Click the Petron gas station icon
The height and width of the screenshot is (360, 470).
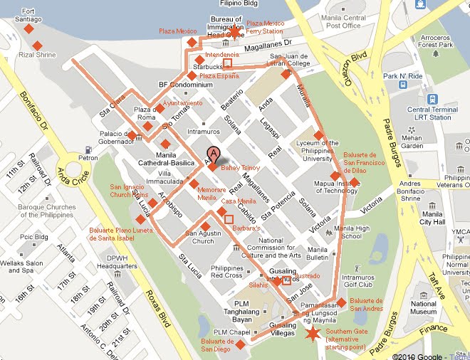click(87, 150)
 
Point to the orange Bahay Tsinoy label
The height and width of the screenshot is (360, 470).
click(240, 168)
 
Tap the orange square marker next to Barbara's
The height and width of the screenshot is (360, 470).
click(229, 219)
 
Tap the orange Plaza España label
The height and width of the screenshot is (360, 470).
click(219, 75)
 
